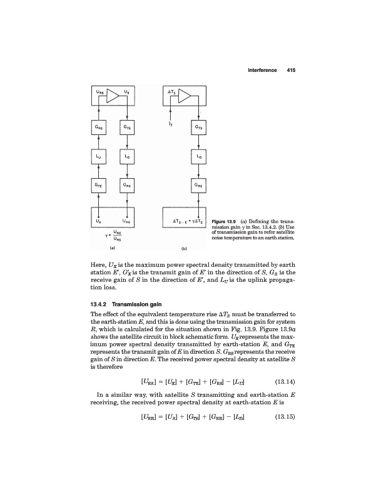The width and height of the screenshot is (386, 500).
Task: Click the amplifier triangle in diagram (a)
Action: coord(113,96)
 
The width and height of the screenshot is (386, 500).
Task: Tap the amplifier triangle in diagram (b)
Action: coord(186,96)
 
